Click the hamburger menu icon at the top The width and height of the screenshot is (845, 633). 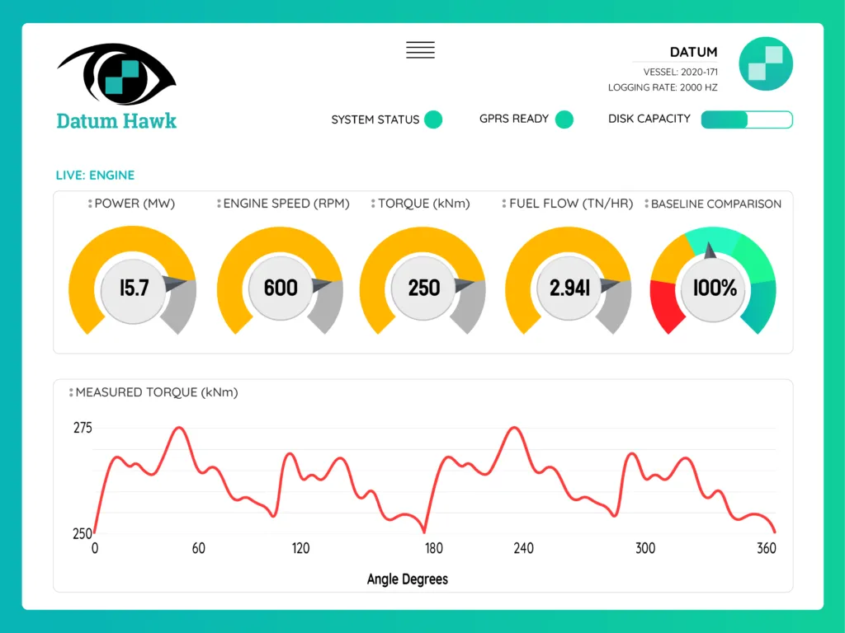(420, 49)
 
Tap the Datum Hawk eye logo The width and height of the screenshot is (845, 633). (116, 75)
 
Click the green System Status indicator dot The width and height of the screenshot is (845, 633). (433, 120)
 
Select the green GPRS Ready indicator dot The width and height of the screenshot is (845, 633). (564, 120)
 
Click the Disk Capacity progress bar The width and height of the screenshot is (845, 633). (747, 120)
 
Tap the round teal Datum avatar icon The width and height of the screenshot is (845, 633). (766, 63)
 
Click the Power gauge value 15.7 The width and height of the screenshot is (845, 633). (135, 288)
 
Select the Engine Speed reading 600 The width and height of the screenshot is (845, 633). (281, 288)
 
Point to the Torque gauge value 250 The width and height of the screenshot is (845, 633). (424, 288)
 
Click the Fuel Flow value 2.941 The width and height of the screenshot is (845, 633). (569, 288)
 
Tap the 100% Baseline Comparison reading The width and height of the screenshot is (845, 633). (715, 288)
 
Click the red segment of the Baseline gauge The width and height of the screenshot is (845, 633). (668, 304)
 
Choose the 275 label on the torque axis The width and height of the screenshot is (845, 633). (83, 428)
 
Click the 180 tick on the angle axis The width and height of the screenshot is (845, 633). (433, 549)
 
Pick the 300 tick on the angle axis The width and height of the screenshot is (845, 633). (644, 549)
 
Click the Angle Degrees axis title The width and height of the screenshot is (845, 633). (408, 579)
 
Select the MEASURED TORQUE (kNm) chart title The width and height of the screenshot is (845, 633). (157, 392)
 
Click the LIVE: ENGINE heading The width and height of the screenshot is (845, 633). (95, 175)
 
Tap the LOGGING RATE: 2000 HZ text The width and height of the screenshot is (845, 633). (663, 87)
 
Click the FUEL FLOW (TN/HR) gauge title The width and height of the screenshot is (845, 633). (571, 204)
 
